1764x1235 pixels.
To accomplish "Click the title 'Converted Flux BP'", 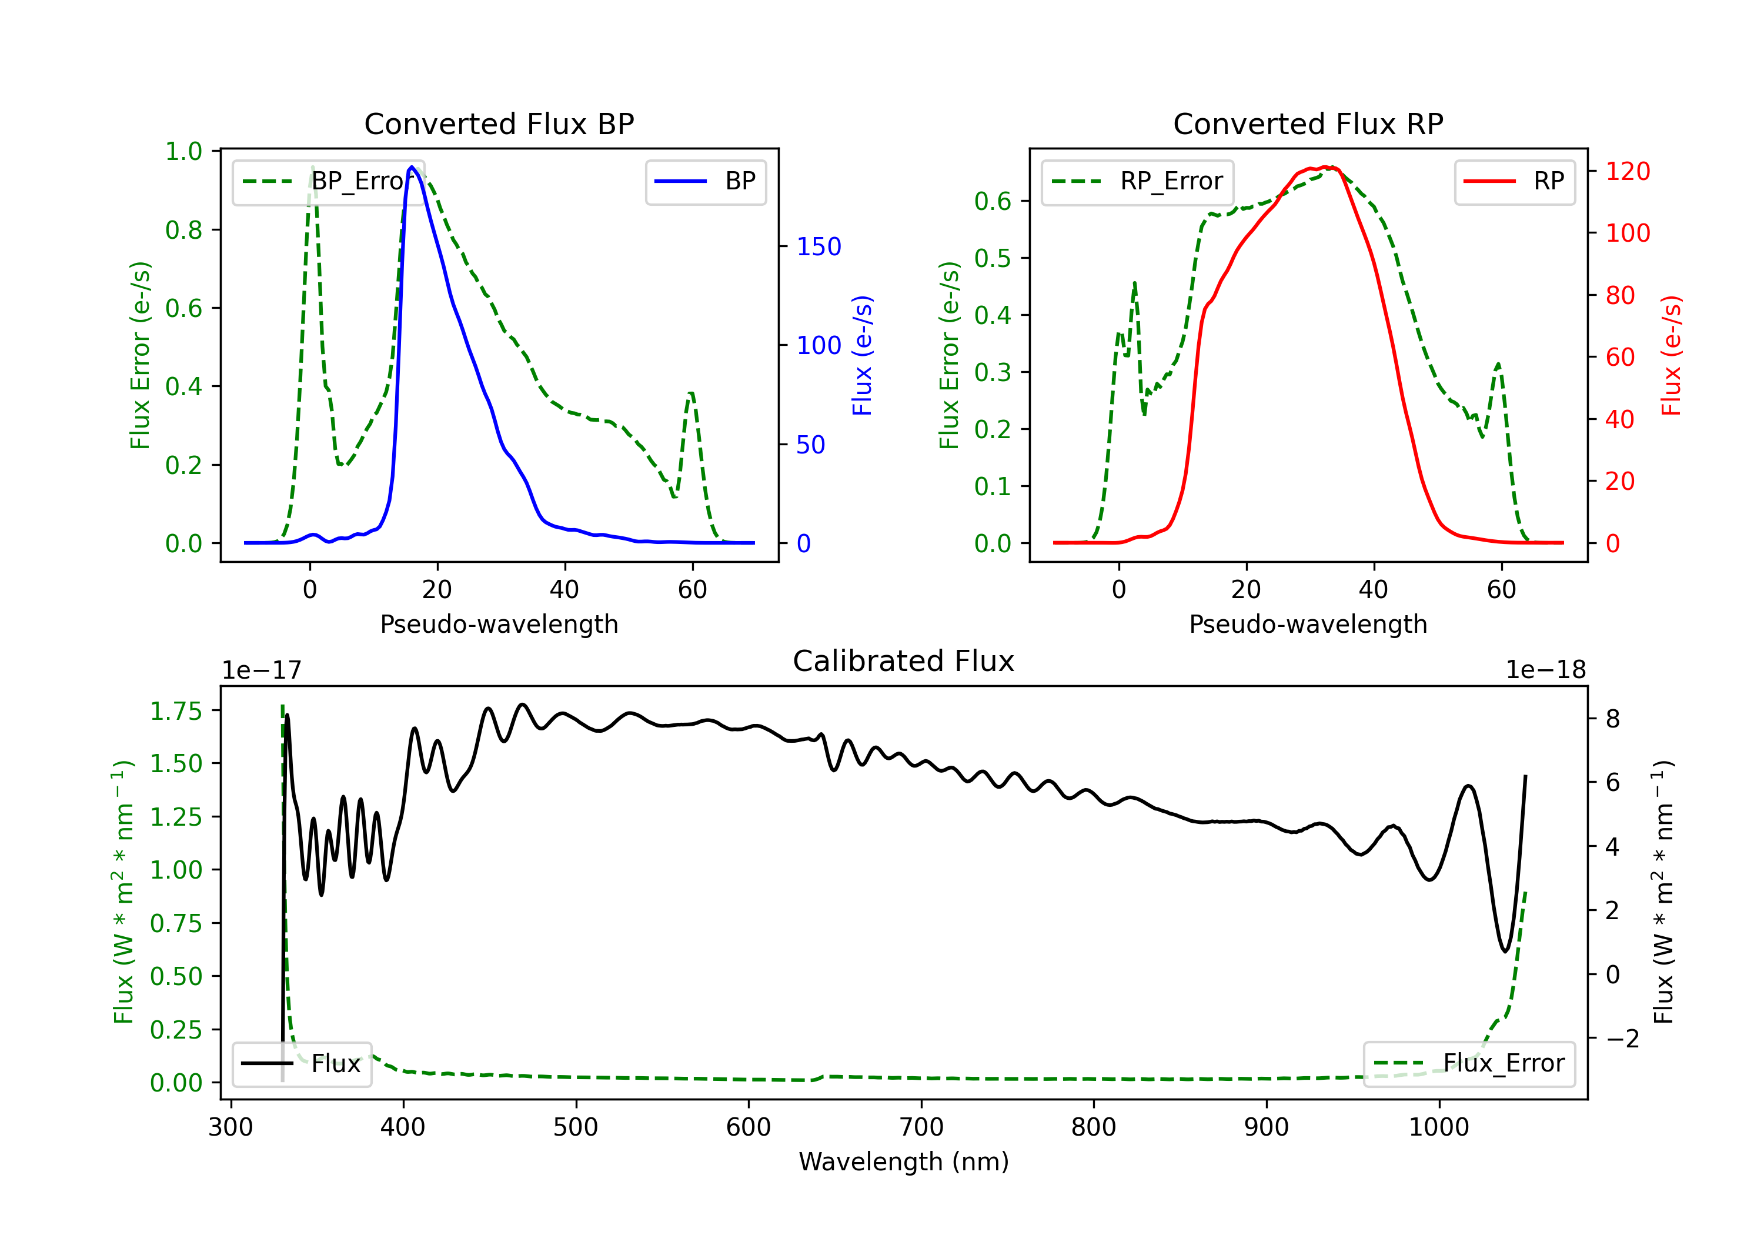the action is [499, 123].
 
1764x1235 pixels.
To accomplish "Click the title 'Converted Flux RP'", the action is [1308, 123].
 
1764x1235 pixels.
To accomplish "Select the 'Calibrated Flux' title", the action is [904, 661].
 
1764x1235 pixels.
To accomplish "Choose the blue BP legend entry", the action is [705, 181].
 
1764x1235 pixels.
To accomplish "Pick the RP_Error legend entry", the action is [1137, 181].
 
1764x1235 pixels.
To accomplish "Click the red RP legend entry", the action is [1514, 181].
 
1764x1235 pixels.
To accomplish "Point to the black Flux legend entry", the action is [301, 1064].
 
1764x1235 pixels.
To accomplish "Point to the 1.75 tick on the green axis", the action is [176, 711].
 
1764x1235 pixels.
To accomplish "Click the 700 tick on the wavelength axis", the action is [921, 1127].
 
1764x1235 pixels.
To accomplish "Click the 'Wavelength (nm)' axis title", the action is [904, 1162].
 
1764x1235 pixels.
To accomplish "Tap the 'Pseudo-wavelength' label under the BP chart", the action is [499, 624].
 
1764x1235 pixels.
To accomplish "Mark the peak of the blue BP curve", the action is [412, 167].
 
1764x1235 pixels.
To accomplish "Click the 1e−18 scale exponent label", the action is [1546, 670].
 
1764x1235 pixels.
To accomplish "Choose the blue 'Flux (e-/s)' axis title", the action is [863, 356].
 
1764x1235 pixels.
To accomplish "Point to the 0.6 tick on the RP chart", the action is [993, 201].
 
